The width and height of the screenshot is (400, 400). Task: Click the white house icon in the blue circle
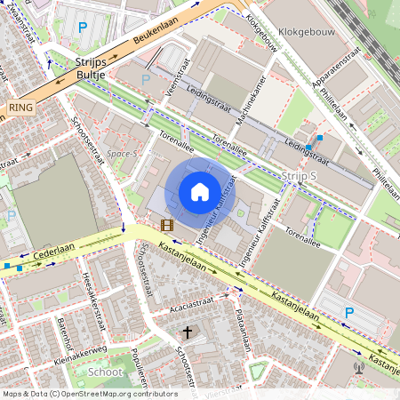click(200, 191)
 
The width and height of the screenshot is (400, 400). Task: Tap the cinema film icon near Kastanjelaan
click(166, 226)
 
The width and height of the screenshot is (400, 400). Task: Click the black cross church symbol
click(187, 332)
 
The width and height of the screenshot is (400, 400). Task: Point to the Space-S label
click(124, 154)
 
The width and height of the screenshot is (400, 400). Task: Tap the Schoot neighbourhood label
click(106, 372)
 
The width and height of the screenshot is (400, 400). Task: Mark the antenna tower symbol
click(359, 367)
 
